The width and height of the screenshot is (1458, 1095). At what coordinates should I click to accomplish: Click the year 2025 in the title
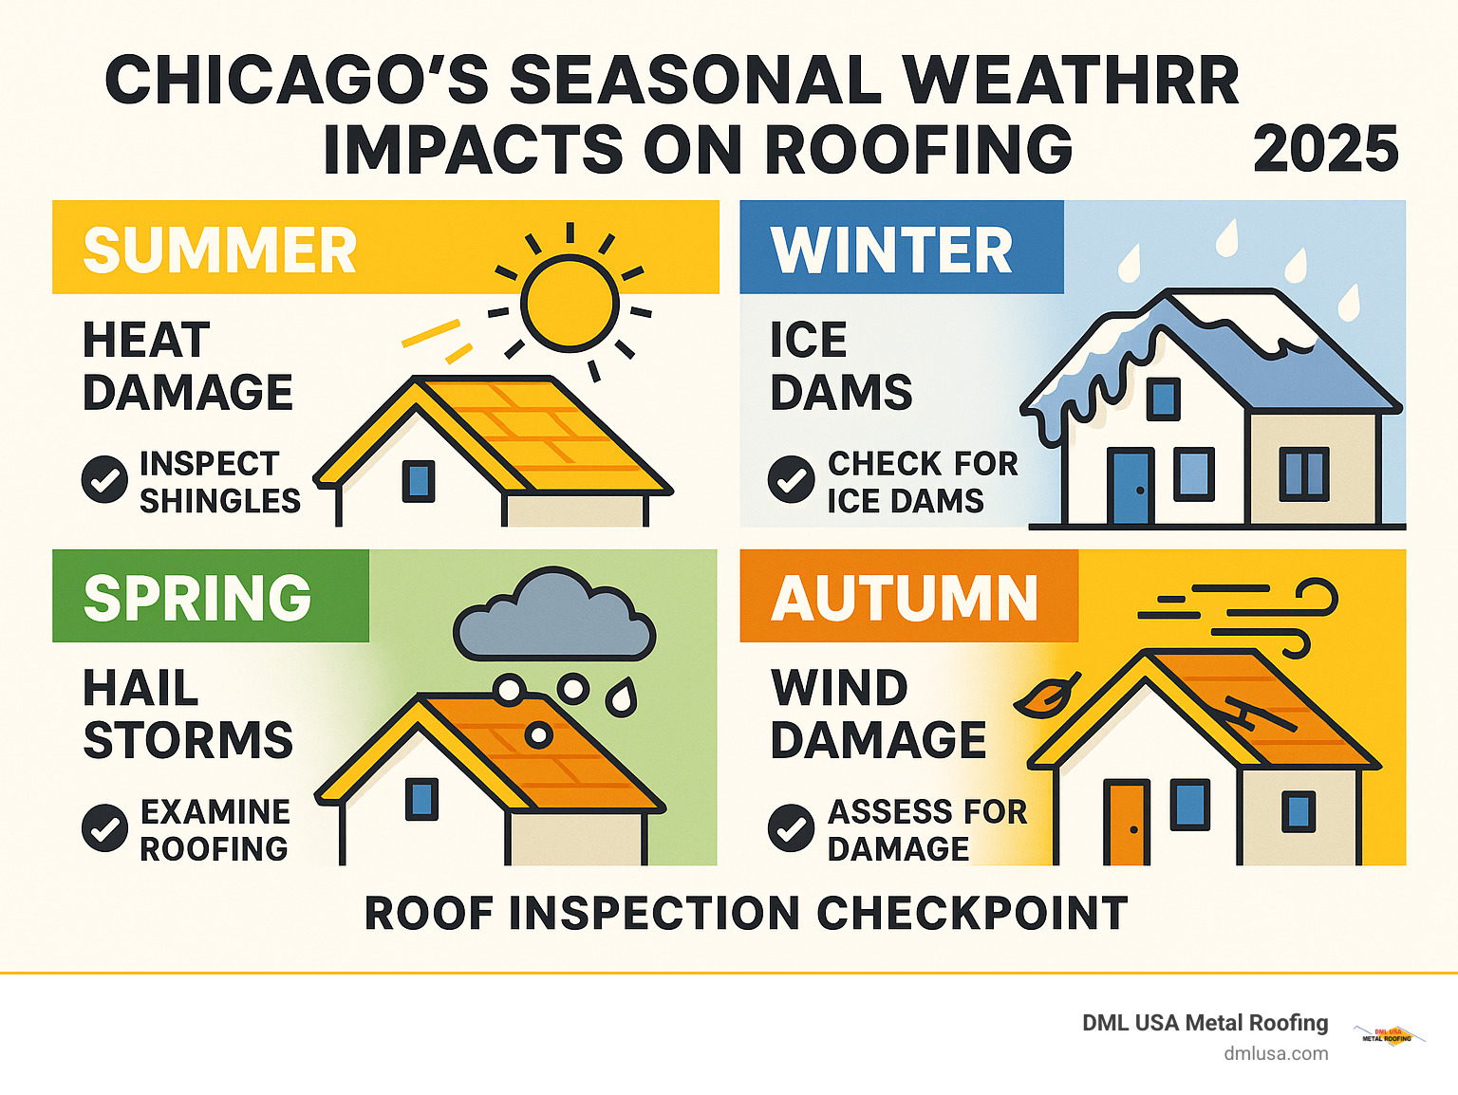click(1325, 150)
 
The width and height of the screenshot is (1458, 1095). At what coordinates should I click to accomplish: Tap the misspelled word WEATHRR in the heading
click(1071, 81)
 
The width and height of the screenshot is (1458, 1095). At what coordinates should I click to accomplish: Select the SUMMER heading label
click(219, 251)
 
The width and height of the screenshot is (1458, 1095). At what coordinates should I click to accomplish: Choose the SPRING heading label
click(197, 598)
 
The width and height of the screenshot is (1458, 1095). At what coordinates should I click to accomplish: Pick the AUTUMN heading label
click(905, 599)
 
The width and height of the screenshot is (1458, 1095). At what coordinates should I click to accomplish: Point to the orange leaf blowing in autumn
click(1044, 697)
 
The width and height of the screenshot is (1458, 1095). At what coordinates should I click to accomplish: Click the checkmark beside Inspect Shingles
click(104, 479)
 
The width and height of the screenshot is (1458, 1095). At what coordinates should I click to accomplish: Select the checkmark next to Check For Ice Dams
click(791, 479)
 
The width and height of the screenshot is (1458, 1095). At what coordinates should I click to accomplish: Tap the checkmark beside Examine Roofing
click(104, 827)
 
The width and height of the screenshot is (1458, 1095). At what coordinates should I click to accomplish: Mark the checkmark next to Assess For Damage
click(791, 827)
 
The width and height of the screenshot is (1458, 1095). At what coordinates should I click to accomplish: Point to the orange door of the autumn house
click(1127, 823)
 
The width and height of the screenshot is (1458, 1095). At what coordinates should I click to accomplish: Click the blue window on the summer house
click(418, 481)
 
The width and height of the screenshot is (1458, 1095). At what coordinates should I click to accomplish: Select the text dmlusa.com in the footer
click(1276, 1053)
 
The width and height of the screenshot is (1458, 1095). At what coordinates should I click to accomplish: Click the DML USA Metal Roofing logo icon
click(1388, 1035)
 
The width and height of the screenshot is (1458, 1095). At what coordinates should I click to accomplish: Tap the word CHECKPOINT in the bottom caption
click(972, 914)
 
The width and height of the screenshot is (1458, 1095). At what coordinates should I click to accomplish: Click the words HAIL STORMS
click(188, 714)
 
